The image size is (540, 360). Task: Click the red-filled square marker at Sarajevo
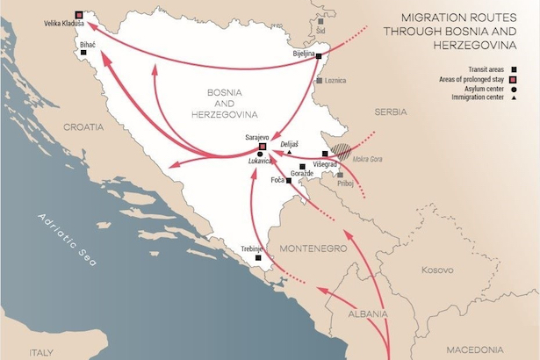click(261, 147)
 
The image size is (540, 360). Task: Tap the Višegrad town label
click(326, 163)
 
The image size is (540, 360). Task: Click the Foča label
click(279, 181)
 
